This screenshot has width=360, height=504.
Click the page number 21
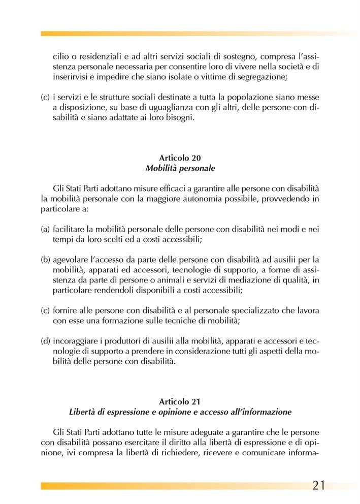[318, 485]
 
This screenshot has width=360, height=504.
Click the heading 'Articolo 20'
[180, 158]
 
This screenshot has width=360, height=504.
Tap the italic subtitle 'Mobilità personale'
[180, 167]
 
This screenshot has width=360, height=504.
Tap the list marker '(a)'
[45, 230]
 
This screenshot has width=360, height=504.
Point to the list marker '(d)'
[45, 340]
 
